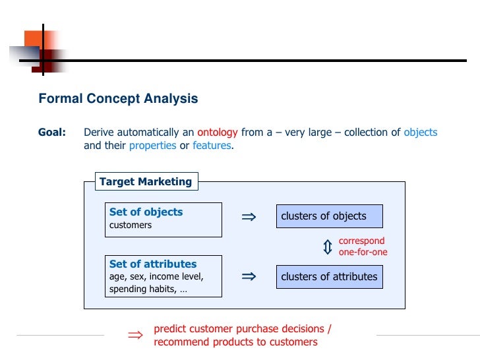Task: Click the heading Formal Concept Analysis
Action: (118, 99)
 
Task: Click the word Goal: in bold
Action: (52, 133)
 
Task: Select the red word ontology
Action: (217, 133)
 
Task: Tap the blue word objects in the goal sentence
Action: (420, 133)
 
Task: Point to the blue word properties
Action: (152, 146)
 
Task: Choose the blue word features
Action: (212, 146)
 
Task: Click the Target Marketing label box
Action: (146, 181)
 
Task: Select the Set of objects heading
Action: (146, 212)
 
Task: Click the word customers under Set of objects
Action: (131, 225)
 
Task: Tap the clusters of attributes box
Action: (329, 277)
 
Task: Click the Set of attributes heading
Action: (153, 264)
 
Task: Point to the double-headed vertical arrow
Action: (328, 247)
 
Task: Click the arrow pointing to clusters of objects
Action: (249, 216)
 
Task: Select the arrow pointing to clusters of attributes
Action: (249, 277)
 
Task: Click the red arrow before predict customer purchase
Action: (135, 336)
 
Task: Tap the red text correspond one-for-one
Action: (363, 247)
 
